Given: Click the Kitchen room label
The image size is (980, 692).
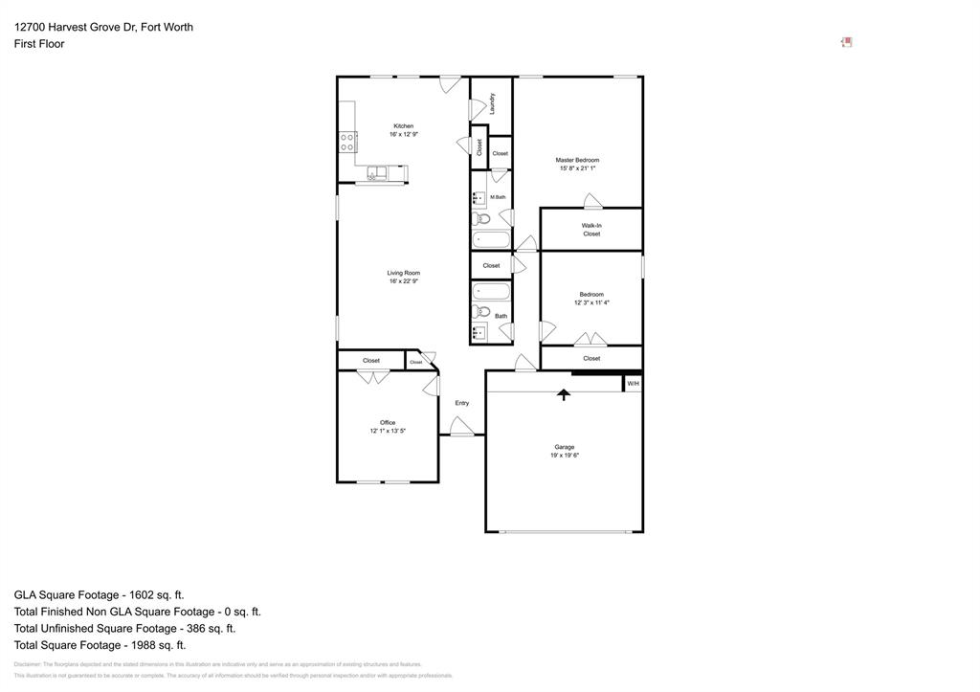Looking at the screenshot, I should [403, 126].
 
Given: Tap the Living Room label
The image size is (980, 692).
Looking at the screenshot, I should [403, 273].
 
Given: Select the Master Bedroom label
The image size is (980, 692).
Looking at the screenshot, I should [577, 160].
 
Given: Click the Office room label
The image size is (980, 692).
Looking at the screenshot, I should [388, 422].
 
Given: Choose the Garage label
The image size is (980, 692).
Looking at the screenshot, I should [564, 447].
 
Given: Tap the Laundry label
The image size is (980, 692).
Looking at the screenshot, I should [492, 102].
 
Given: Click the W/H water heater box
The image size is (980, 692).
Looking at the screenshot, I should [633, 384].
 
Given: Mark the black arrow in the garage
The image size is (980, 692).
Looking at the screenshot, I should [564, 393].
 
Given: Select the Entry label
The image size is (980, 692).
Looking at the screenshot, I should [461, 403].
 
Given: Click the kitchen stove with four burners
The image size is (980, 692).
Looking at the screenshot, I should [347, 143].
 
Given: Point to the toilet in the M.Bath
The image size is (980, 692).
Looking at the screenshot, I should [482, 219].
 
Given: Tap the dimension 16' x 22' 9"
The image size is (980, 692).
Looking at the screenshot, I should [403, 281].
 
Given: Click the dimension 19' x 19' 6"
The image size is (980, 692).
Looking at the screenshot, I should [564, 456].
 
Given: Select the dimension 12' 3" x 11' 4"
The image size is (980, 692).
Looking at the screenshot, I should [591, 302].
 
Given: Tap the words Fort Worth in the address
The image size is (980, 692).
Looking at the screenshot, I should [167, 27].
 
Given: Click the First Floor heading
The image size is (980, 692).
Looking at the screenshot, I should [39, 44].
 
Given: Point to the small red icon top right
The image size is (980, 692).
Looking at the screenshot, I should [846, 42].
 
